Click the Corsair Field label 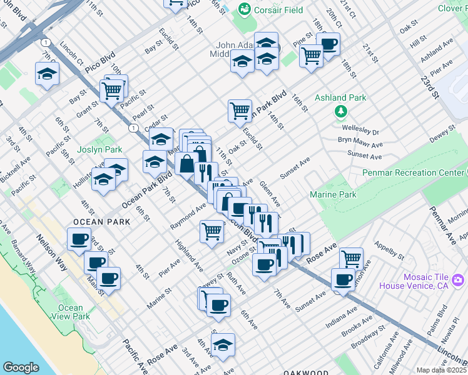click(278, 10)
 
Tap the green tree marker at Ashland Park click(341, 112)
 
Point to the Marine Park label click(333, 195)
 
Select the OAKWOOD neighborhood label click(305, 372)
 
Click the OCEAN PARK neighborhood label click(101, 222)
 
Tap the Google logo click(21, 367)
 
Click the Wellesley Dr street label click(360, 132)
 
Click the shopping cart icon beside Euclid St click(240, 111)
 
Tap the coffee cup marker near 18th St click(327, 44)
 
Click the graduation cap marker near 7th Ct click(46, 74)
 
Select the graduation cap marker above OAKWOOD click(223, 344)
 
